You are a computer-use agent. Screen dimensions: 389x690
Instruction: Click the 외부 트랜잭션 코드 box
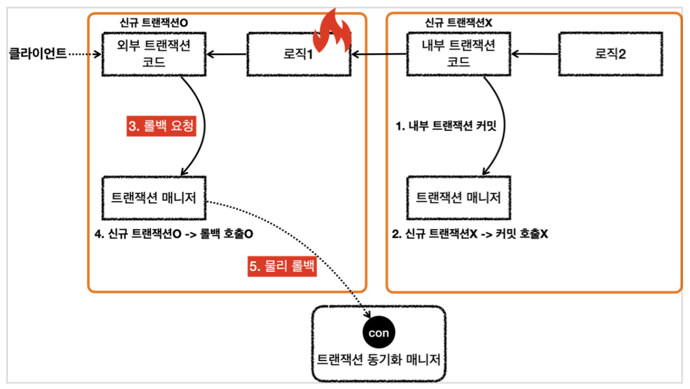154,54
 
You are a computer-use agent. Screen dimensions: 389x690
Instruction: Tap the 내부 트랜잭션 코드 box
459,54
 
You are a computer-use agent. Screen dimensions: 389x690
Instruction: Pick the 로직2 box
610,54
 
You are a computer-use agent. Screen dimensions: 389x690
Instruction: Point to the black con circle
379,332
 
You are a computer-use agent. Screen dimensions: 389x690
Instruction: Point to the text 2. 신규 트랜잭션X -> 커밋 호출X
470,234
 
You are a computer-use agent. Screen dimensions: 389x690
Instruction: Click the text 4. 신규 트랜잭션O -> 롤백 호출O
174,234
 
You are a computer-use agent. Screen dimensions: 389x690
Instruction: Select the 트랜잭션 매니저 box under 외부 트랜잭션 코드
154,198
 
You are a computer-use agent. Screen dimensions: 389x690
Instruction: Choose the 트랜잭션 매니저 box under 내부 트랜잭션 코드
458,198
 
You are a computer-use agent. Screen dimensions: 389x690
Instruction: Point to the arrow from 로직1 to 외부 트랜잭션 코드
226,54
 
